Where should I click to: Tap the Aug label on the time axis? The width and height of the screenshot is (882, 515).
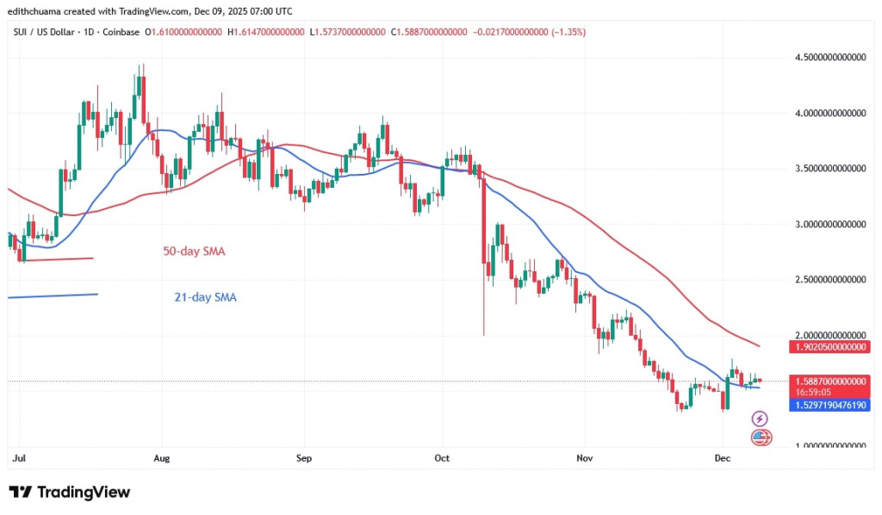(x=160, y=459)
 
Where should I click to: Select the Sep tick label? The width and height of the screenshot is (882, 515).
(x=302, y=459)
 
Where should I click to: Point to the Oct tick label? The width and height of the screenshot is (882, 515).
(x=443, y=459)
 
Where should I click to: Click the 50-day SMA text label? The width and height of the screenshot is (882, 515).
(x=196, y=251)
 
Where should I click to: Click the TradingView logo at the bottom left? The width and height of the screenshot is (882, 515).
(x=71, y=492)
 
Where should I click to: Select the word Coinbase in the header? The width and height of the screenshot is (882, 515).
(x=121, y=31)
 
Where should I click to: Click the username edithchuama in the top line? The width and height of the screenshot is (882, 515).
(x=39, y=11)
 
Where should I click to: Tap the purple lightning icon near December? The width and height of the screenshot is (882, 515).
(x=760, y=419)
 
